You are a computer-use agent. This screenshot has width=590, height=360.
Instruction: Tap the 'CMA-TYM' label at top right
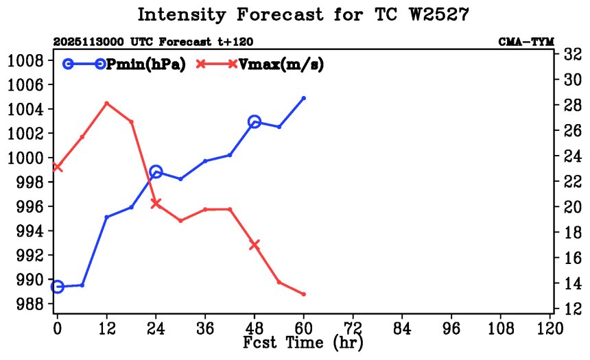coord(526,43)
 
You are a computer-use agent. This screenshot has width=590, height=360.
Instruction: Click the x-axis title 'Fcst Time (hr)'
coord(303,341)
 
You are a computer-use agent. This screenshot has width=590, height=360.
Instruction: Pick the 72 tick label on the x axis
coord(353,327)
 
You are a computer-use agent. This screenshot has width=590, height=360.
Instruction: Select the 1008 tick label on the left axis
coord(26,60)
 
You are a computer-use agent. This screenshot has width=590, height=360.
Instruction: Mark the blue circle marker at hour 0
coord(57,287)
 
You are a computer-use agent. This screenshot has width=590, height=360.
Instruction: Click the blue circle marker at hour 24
coord(156,171)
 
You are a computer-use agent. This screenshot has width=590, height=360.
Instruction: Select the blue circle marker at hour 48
coord(255,121)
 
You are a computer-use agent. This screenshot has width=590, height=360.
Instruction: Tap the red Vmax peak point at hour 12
coord(106,103)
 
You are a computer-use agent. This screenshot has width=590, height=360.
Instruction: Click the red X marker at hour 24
coord(156,203)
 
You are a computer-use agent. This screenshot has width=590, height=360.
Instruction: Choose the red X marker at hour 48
coord(255,245)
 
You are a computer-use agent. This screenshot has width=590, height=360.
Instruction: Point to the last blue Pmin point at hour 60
coord(304,98)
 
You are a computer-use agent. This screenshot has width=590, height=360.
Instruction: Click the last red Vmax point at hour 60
coord(304,294)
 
